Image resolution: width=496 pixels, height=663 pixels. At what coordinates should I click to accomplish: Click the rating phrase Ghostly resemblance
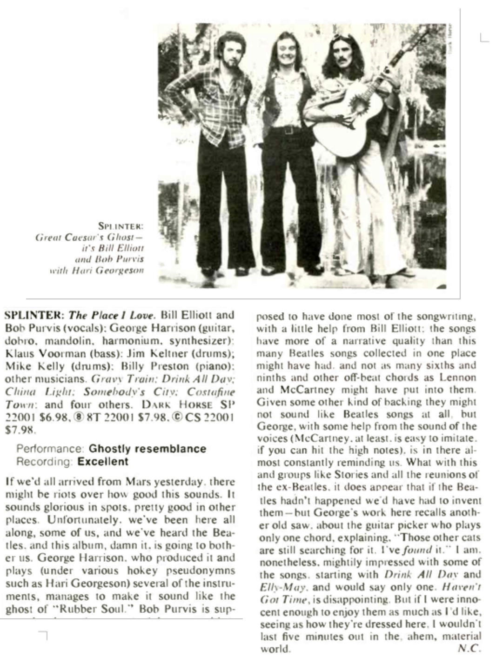(147, 449)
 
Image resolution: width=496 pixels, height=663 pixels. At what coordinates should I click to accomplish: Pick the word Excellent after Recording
(103, 461)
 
